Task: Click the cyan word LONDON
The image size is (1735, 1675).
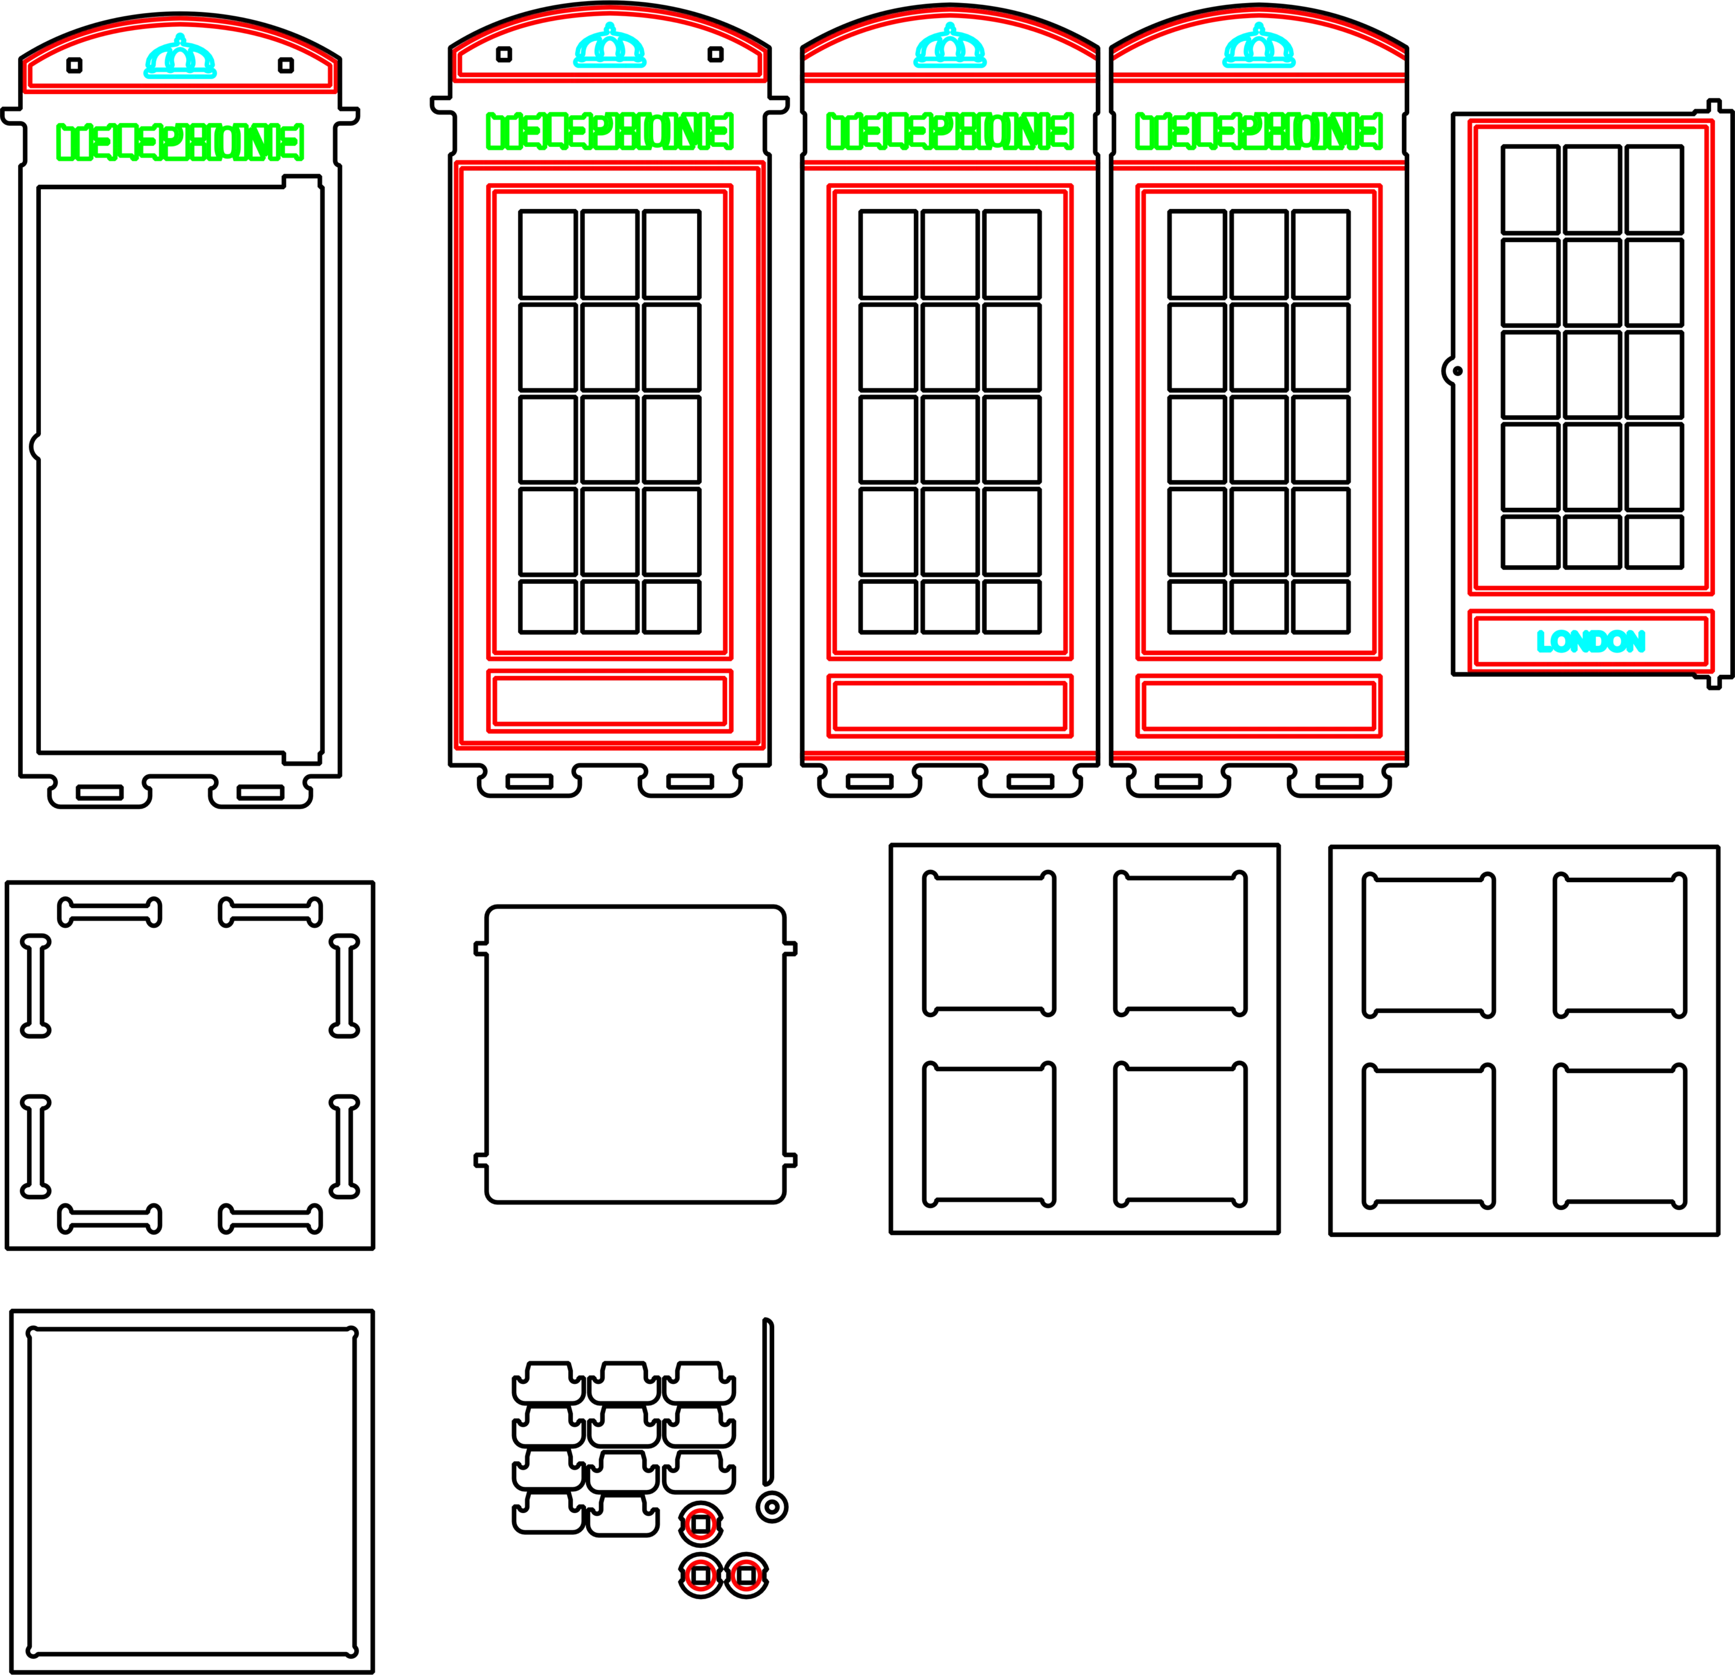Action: pos(1590,641)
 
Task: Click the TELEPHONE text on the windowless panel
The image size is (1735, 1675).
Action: pos(181,142)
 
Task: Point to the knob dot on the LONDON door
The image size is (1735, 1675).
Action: pos(1458,371)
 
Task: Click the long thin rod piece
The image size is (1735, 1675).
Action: pos(767,1401)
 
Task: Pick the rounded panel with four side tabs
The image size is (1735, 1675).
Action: pos(636,1054)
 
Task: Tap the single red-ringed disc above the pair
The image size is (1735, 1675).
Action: pos(701,1524)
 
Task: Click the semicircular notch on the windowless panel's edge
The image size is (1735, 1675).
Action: pos(34,446)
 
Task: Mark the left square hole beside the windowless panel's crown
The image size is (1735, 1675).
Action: pos(74,64)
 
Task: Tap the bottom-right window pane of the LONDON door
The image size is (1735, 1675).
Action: pos(1654,542)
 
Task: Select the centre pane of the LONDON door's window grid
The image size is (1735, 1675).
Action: pos(1592,375)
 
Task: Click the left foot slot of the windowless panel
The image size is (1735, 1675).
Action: pos(99,792)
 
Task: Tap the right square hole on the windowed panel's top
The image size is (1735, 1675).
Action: pos(715,54)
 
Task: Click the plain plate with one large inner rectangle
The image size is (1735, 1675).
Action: pos(192,1492)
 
